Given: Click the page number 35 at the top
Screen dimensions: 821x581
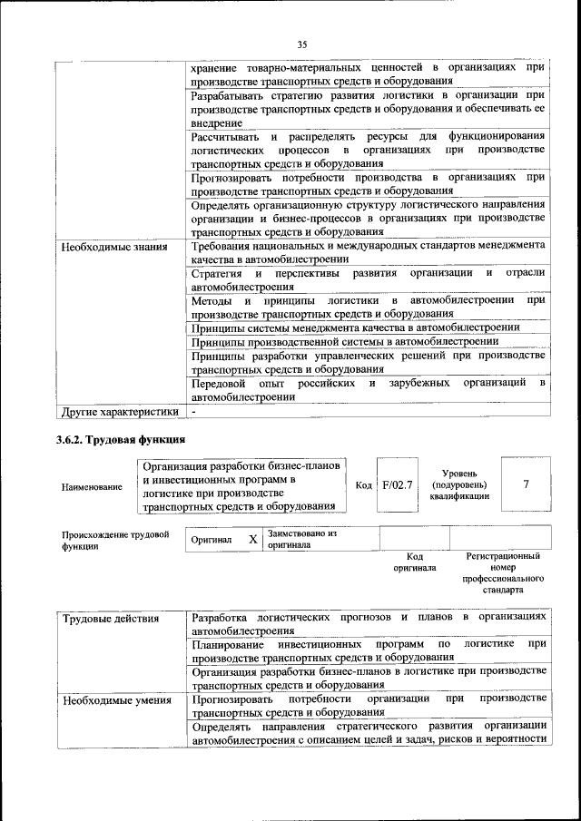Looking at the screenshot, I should click(302, 44).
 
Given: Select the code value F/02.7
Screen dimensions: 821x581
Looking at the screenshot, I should click(398, 484).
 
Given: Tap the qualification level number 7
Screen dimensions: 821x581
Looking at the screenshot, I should click(526, 484).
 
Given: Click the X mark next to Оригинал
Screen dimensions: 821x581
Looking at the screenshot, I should click(253, 540).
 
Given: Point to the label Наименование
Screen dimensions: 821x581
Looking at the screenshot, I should click(92, 487).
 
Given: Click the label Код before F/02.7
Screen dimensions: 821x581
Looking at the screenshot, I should click(364, 485).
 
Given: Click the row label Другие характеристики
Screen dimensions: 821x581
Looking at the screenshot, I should click(119, 412).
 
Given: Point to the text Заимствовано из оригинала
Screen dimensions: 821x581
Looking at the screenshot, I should click(301, 540).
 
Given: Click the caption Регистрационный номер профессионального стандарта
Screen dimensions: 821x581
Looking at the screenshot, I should click(503, 572).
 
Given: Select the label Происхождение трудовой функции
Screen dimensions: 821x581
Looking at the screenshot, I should click(115, 541).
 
